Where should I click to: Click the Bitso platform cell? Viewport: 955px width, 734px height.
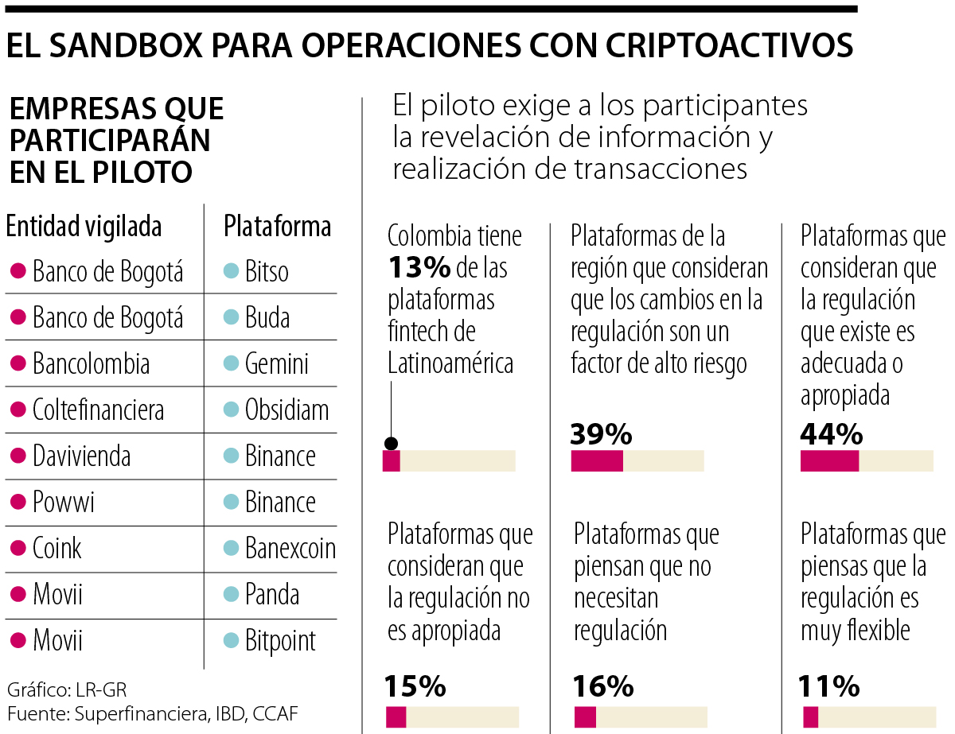point(267,272)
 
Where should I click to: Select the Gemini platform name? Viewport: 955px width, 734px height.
point(276,364)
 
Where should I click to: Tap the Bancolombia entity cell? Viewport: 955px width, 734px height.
point(91,364)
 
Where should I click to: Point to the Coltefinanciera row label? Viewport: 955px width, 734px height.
point(98,410)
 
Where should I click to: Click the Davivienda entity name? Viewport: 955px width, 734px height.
point(81,456)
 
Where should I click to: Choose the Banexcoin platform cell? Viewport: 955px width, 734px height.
point(290,549)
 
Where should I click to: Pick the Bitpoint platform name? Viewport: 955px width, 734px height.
point(280,641)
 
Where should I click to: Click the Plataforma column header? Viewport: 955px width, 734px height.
point(277,227)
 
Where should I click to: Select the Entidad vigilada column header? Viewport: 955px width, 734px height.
point(84,227)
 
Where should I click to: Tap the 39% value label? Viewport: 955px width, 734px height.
point(602,434)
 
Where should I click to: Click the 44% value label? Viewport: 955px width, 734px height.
point(832,434)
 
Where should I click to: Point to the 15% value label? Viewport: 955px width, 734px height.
point(415,685)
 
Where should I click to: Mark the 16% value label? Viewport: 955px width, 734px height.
point(604,685)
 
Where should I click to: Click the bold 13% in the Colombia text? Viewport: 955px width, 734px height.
point(419,268)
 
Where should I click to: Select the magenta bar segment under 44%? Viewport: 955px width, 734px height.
point(829,461)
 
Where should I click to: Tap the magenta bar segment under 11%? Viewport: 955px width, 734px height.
point(810,716)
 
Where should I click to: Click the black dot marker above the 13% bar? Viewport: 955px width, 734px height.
point(391,444)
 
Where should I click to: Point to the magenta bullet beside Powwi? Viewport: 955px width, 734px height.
point(18,503)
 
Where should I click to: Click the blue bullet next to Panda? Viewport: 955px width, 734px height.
point(231,595)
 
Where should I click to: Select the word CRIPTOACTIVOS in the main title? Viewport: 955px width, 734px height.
point(730,45)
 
